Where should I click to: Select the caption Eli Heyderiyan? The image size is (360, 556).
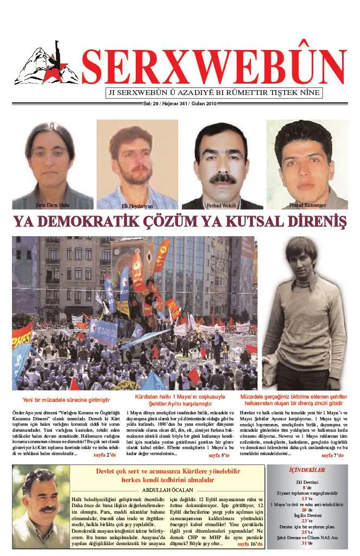click(137, 207)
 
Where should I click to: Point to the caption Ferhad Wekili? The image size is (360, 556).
click(221, 206)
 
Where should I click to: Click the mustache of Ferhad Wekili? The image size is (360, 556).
click(222, 179)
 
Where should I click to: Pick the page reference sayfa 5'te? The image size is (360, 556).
click(219, 455)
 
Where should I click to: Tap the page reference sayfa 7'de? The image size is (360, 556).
click(332, 455)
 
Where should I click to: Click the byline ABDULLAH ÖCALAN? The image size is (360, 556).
click(169, 489)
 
